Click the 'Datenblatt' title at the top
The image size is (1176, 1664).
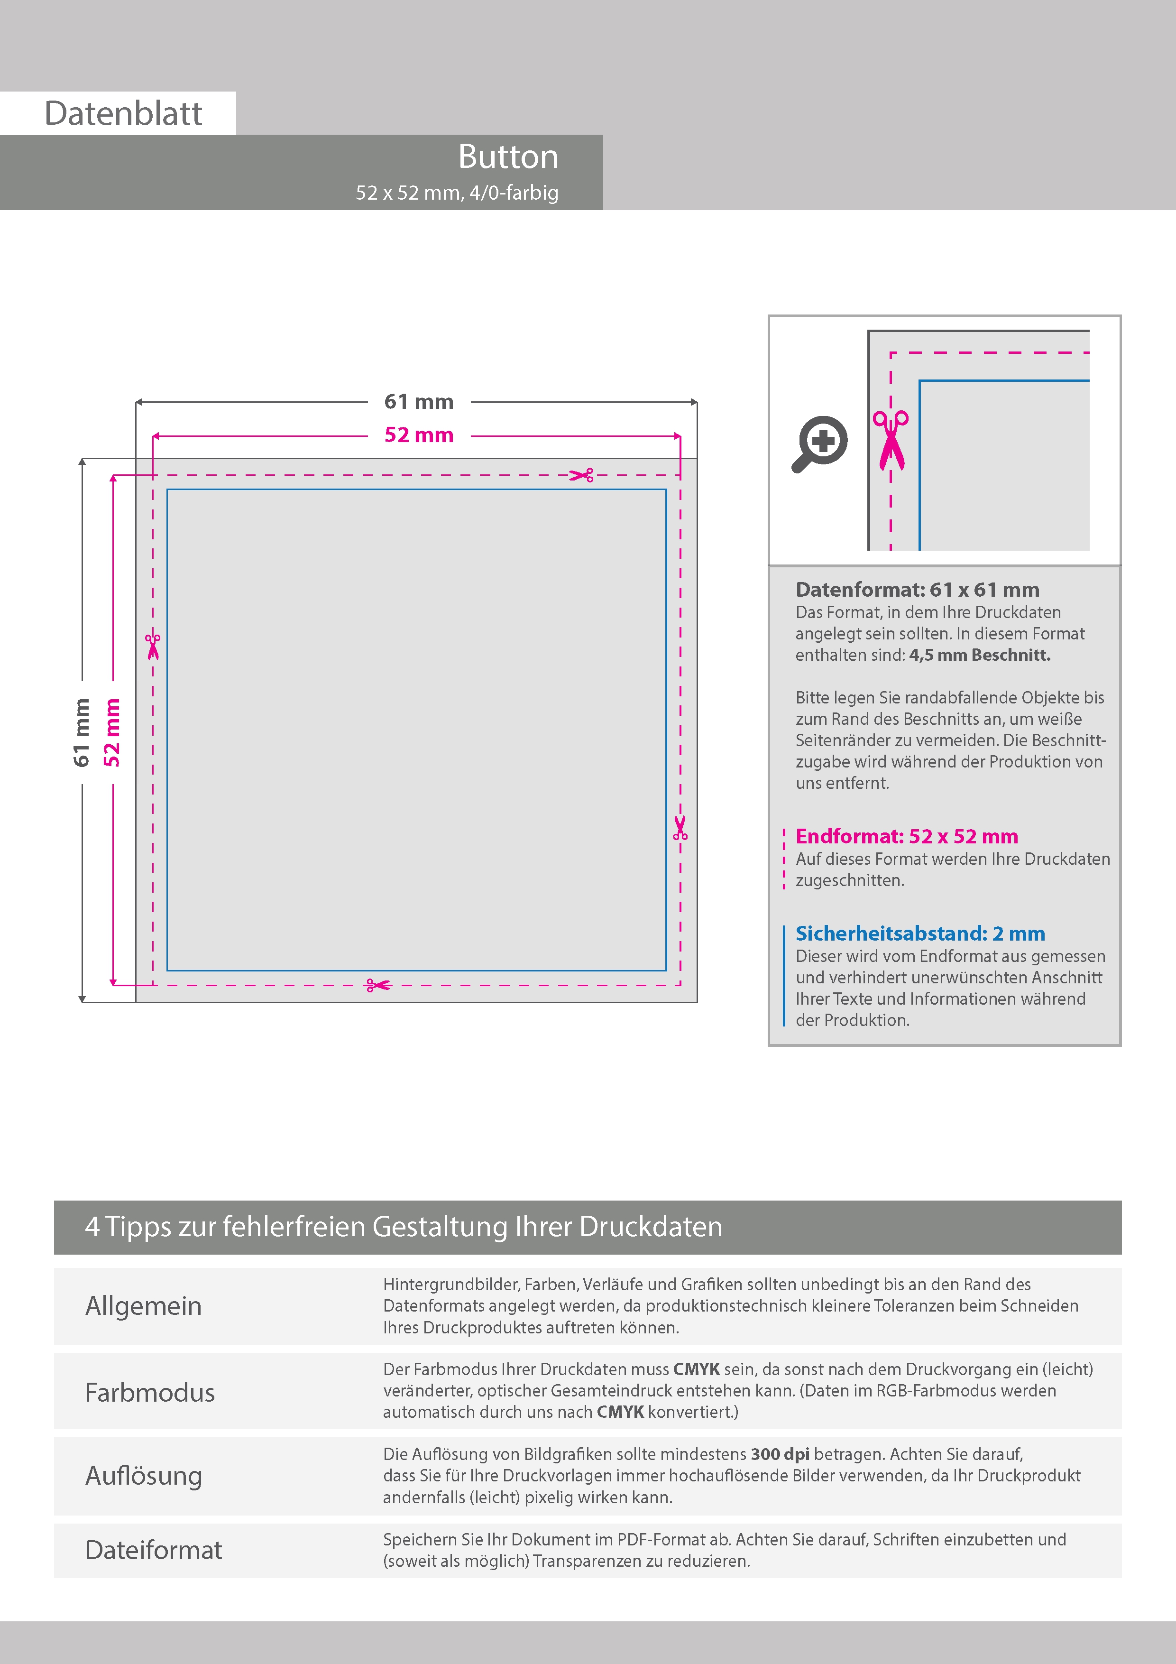tap(123, 114)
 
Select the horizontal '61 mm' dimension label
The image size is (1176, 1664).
tap(419, 401)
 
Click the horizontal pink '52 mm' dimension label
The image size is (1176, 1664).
tap(419, 435)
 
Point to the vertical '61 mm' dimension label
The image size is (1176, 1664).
tap(81, 732)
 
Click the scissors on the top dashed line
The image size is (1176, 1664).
tap(581, 475)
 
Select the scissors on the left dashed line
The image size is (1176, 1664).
tap(153, 647)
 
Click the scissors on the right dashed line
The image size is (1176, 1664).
tap(680, 828)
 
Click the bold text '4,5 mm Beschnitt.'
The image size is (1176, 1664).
tap(980, 655)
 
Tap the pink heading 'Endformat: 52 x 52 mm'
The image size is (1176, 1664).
tap(907, 836)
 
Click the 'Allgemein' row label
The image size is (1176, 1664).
tap(144, 1306)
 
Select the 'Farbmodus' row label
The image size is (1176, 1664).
tap(150, 1392)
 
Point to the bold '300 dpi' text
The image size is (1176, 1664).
tap(780, 1454)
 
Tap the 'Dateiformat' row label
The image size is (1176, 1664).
tap(154, 1550)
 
